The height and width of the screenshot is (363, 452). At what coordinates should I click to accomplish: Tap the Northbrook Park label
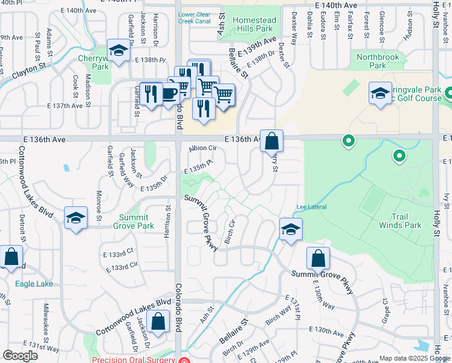[378, 61]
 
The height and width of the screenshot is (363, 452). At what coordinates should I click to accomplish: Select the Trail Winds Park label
[399, 221]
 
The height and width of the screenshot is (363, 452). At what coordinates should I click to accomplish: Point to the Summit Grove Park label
[137, 221]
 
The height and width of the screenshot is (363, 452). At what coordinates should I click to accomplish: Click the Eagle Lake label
[34, 284]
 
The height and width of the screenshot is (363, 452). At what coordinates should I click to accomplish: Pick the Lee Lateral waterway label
[311, 208]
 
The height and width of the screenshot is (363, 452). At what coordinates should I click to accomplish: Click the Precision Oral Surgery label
[139, 358]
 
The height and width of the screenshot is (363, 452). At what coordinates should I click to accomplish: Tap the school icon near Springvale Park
[380, 93]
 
